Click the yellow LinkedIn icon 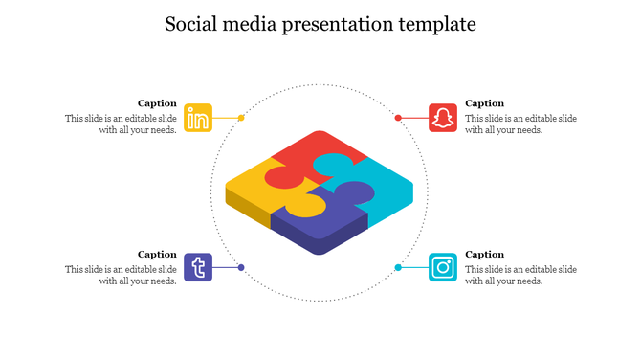click(198, 118)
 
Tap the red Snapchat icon click(442, 118)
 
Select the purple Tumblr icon click(198, 267)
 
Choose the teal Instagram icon click(442, 267)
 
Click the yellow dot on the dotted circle click(241, 118)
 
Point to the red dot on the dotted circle click(398, 118)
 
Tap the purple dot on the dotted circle click(241, 267)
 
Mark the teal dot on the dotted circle click(398, 267)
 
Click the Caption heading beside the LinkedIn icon click(157, 103)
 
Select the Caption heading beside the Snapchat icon click(484, 103)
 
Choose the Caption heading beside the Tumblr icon click(157, 254)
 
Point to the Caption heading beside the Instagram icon click(484, 254)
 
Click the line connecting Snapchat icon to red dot click(414, 118)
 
